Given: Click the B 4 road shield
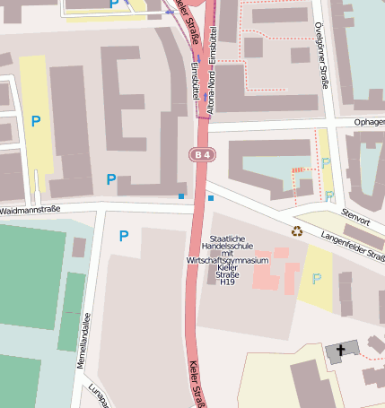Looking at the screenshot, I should pos(202,155).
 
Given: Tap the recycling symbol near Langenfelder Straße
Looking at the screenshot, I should pos(296,231).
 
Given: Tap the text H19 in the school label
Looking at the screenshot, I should pos(227,282).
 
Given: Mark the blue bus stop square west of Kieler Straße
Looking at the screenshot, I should pos(180,195).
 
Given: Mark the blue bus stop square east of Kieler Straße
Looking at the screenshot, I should pos(211,197).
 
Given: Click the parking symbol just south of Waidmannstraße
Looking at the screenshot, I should pos(124,236).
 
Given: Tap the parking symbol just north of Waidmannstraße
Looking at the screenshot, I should pos(111,179).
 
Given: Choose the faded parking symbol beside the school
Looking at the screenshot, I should pos(316,279).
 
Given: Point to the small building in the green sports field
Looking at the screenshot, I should pos(78,247).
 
